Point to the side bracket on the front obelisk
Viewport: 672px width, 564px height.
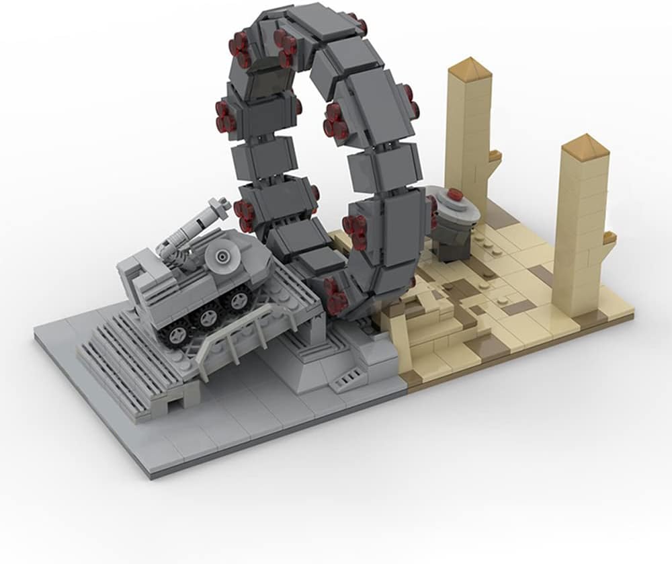(x=610, y=237)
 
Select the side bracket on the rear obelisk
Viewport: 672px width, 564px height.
(x=495, y=156)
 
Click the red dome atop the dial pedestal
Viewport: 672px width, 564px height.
(x=456, y=195)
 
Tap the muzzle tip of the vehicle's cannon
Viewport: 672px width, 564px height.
(x=216, y=203)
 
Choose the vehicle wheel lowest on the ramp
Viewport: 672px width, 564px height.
(x=177, y=331)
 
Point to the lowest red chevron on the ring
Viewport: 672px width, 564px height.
(x=336, y=294)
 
